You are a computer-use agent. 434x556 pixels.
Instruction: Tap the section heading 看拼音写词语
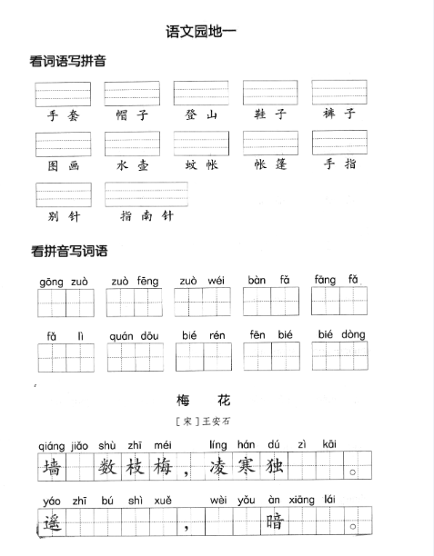[x=69, y=251]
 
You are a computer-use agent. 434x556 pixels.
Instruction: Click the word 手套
[x=63, y=115]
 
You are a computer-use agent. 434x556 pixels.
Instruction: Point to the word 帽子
[x=132, y=115]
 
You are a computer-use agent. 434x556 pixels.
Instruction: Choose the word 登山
[x=201, y=115]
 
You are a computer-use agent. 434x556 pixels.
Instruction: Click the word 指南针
[x=146, y=216]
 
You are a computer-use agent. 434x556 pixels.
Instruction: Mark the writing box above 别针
[x=64, y=194]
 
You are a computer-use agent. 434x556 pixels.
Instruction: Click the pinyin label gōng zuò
[x=64, y=282]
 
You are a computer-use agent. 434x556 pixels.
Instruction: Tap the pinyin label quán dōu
[x=134, y=335]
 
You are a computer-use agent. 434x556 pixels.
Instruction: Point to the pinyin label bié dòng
[x=341, y=334]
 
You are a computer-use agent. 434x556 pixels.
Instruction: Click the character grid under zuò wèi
[x=202, y=302]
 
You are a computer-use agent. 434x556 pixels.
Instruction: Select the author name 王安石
[x=223, y=422]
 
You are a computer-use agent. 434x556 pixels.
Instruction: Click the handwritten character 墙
[x=52, y=468]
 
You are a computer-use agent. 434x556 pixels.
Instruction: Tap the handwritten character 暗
[x=275, y=522]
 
